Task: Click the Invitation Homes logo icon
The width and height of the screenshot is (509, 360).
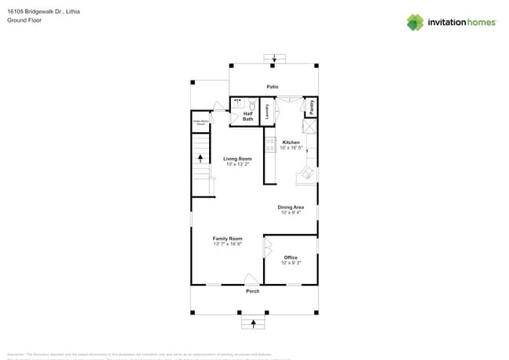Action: click(414, 22)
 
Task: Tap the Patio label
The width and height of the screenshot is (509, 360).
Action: click(273, 87)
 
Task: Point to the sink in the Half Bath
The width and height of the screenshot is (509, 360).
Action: click(237, 103)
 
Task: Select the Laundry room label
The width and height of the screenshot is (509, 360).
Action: click(268, 111)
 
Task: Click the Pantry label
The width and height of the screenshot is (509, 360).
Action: click(311, 106)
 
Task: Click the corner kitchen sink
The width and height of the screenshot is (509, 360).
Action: click(308, 175)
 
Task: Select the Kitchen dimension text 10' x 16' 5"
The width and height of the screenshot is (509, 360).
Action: click(291, 147)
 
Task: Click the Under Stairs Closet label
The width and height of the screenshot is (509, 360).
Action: click(201, 122)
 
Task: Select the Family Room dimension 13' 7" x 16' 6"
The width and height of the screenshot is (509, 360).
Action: click(227, 244)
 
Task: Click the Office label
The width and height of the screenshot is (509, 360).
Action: click(291, 257)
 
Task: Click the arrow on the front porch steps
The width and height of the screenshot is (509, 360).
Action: click(253, 322)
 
